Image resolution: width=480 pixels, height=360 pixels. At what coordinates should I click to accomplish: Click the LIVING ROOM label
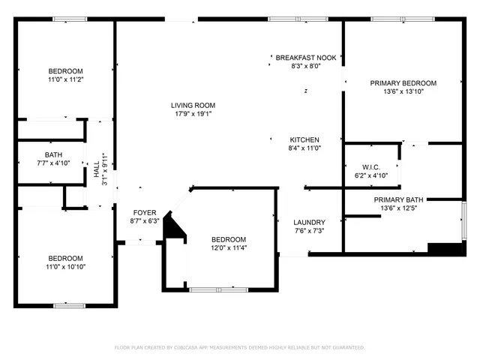point(193,106)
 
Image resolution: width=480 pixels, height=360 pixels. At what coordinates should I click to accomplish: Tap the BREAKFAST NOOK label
point(305,58)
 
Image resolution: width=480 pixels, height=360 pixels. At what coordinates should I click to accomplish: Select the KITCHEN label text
point(304,140)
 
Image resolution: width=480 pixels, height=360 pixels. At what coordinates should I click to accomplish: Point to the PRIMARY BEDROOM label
point(403,83)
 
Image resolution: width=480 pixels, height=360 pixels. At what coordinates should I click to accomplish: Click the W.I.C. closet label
point(370,166)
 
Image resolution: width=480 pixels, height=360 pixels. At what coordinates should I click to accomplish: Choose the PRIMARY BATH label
point(402,199)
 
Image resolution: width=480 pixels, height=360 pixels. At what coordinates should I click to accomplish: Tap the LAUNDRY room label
point(309,222)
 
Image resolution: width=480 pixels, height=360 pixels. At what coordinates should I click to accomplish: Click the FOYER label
point(145,212)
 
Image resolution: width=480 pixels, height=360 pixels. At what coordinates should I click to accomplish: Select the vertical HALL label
point(97,172)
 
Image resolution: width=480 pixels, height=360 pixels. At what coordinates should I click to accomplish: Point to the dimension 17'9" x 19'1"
point(193,115)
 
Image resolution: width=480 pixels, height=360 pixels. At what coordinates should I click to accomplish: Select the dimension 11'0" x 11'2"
point(64,79)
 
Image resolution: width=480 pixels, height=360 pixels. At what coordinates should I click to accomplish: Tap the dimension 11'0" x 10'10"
point(64,266)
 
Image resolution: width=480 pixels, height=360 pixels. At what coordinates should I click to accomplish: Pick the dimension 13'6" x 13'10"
point(403,92)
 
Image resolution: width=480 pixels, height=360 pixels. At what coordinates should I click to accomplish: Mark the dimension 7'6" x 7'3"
point(309,231)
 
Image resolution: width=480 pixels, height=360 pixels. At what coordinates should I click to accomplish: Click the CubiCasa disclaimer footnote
point(239,347)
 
